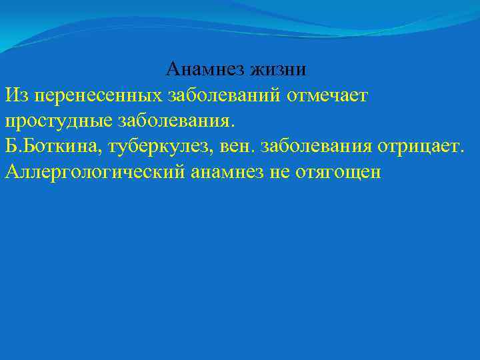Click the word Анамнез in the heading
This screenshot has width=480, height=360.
pyautogui.click(x=205, y=69)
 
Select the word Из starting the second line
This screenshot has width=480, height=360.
pyautogui.click(x=16, y=95)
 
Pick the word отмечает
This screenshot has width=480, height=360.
pyautogui.click(x=327, y=95)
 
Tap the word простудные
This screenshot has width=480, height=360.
pyautogui.click(x=58, y=121)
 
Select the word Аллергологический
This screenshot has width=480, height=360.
pyautogui.click(x=95, y=172)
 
